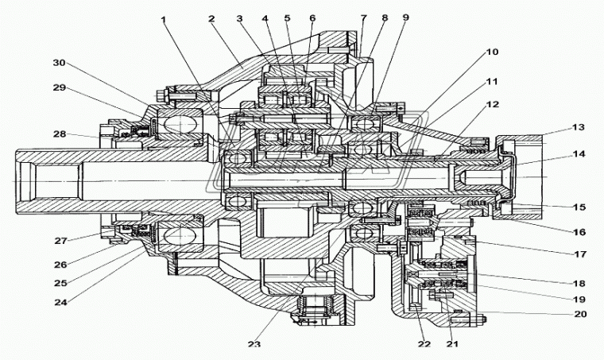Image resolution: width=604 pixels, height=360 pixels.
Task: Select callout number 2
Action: pos(212,17)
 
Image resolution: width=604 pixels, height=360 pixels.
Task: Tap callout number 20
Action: pos(579,314)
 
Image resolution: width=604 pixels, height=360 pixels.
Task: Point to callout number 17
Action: pos(579,254)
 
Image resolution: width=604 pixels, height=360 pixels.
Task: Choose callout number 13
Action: pos(578,128)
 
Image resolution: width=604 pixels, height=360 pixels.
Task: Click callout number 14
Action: pos(578,153)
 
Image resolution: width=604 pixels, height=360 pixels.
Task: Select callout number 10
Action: pos(492,52)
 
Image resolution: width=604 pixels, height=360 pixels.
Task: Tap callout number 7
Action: pos(363,17)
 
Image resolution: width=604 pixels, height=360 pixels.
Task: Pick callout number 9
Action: pos(406,17)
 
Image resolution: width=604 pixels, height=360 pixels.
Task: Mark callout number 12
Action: pos(492,105)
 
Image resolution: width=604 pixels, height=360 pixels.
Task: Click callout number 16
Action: pos(579,232)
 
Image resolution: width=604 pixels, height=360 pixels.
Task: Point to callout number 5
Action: pos(287,17)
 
